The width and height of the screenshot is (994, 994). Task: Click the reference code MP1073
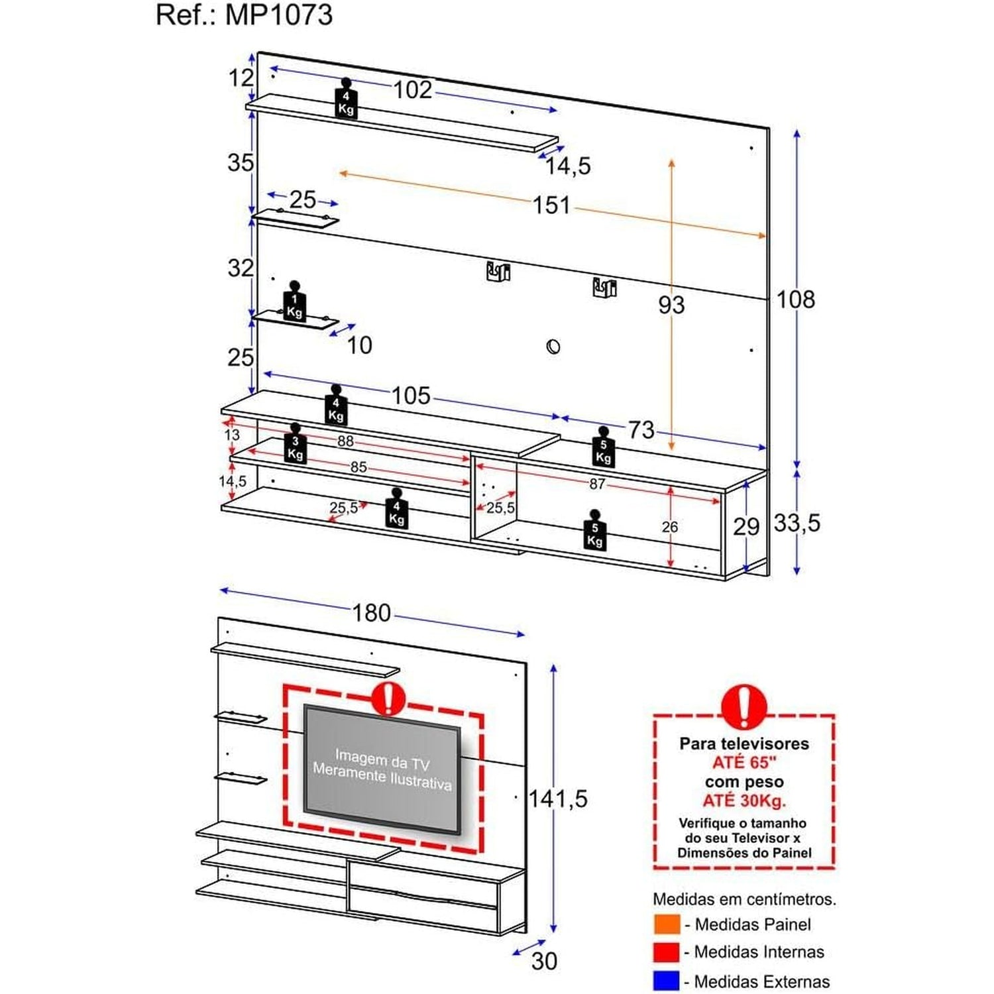279,15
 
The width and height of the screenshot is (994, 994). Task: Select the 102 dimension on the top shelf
412,89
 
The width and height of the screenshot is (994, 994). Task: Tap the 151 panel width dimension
551,205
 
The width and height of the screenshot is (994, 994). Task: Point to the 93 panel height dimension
671,305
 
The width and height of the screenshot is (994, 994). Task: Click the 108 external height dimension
795,300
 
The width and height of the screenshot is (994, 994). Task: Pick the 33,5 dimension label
797,523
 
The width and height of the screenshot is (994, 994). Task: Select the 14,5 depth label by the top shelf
568,166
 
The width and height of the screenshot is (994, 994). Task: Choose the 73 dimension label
641,429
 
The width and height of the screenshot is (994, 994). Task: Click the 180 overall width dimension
371,613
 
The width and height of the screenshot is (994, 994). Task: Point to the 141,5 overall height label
558,799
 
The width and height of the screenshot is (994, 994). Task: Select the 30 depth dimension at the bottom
544,961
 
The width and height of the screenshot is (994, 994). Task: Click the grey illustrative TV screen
382,769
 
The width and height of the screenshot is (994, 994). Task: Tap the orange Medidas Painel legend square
667,924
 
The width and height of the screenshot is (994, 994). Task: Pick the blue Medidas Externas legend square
667,981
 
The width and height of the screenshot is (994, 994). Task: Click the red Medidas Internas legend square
667,952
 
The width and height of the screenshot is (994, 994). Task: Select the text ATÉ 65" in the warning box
744,763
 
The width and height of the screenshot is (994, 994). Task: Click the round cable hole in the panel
553,346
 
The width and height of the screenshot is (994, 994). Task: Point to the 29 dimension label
746,527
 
